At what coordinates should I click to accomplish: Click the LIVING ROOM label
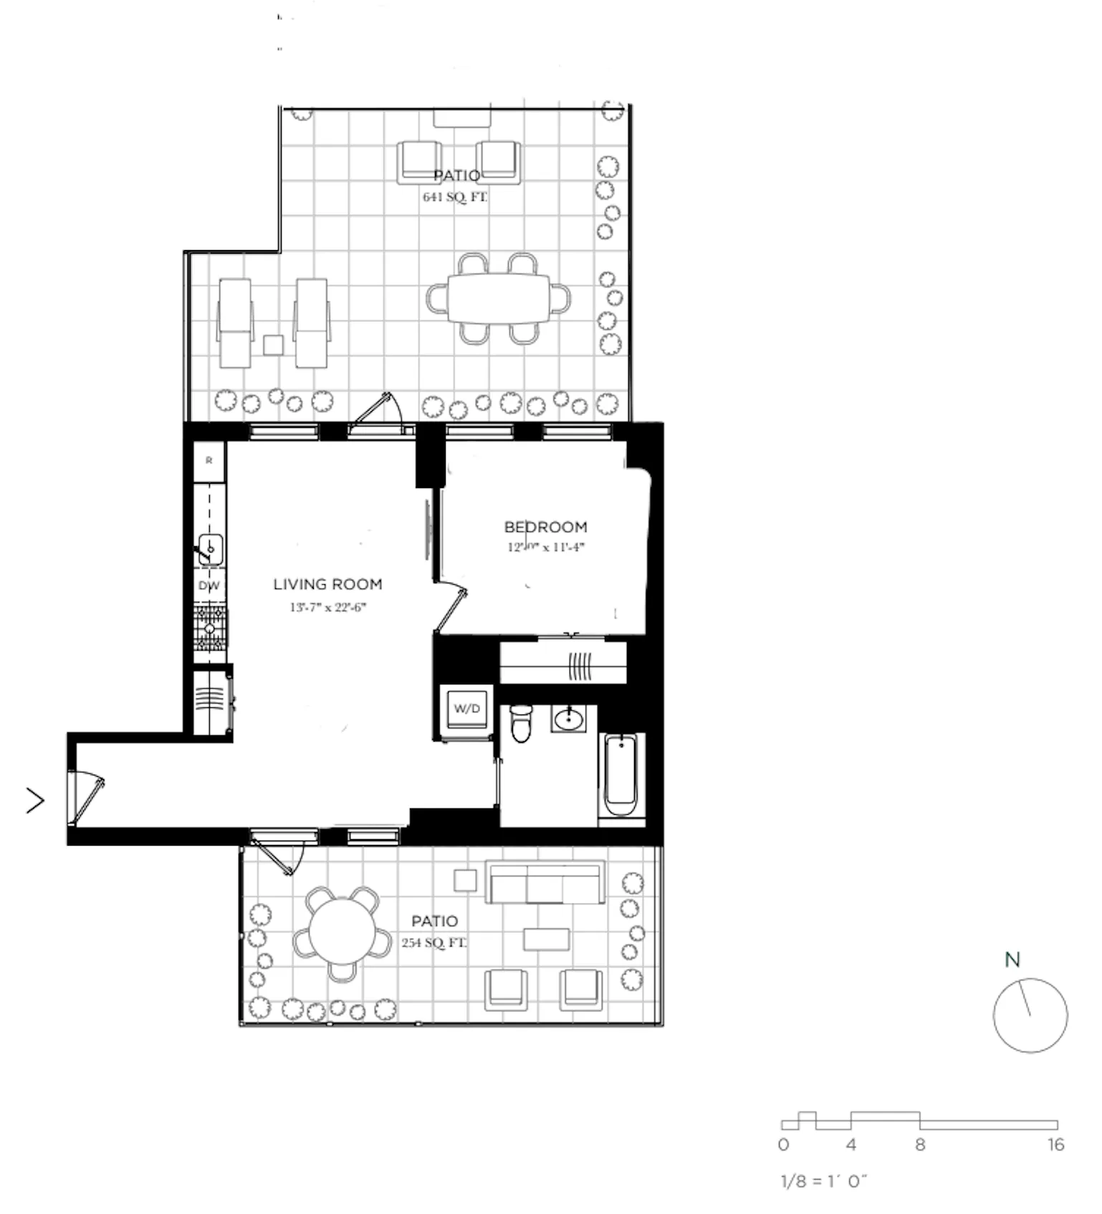tap(327, 584)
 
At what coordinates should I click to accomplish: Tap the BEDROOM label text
tap(545, 527)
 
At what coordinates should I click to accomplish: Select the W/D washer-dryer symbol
tap(467, 708)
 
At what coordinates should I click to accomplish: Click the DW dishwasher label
tap(209, 586)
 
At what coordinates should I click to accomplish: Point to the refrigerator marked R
tap(209, 461)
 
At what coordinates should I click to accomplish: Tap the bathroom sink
tap(569, 719)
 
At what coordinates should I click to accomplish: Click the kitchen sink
tap(211, 550)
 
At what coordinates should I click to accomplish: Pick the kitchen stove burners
tap(210, 628)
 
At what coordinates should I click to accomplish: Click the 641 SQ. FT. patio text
tap(454, 197)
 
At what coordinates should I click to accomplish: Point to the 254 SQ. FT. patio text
tap(433, 942)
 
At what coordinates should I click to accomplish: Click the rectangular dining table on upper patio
tap(499, 298)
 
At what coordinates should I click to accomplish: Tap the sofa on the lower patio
tap(545, 883)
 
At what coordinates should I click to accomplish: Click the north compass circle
tap(1030, 1015)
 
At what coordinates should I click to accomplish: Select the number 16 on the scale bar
tap(1055, 1144)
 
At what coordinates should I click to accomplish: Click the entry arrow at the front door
tap(35, 800)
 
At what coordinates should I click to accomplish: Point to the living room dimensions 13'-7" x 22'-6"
tap(327, 608)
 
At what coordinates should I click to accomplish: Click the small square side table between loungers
tap(273, 345)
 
